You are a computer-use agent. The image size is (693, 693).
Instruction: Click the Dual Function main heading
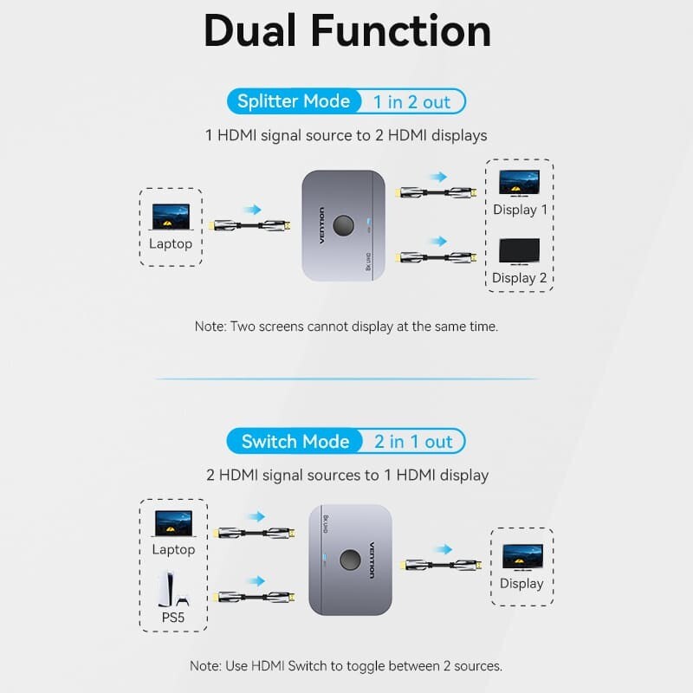(x=346, y=31)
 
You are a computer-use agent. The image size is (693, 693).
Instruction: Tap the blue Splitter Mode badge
(x=294, y=101)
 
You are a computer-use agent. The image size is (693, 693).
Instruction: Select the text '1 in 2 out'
(x=411, y=102)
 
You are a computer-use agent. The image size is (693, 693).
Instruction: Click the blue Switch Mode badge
(x=295, y=442)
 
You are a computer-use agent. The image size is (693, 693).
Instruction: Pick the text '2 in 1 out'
(x=413, y=442)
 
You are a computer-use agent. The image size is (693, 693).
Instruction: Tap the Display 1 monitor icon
(x=520, y=183)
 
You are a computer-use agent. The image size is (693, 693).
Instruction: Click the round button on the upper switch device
(x=344, y=225)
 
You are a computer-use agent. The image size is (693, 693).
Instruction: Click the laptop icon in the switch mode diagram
(x=173, y=523)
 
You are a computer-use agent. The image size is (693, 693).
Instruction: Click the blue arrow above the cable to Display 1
(x=438, y=177)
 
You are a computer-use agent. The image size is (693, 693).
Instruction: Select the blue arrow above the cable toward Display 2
(x=438, y=242)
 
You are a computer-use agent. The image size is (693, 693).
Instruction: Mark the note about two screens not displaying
(x=346, y=327)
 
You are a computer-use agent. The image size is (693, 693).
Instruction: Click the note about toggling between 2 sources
(x=346, y=666)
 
